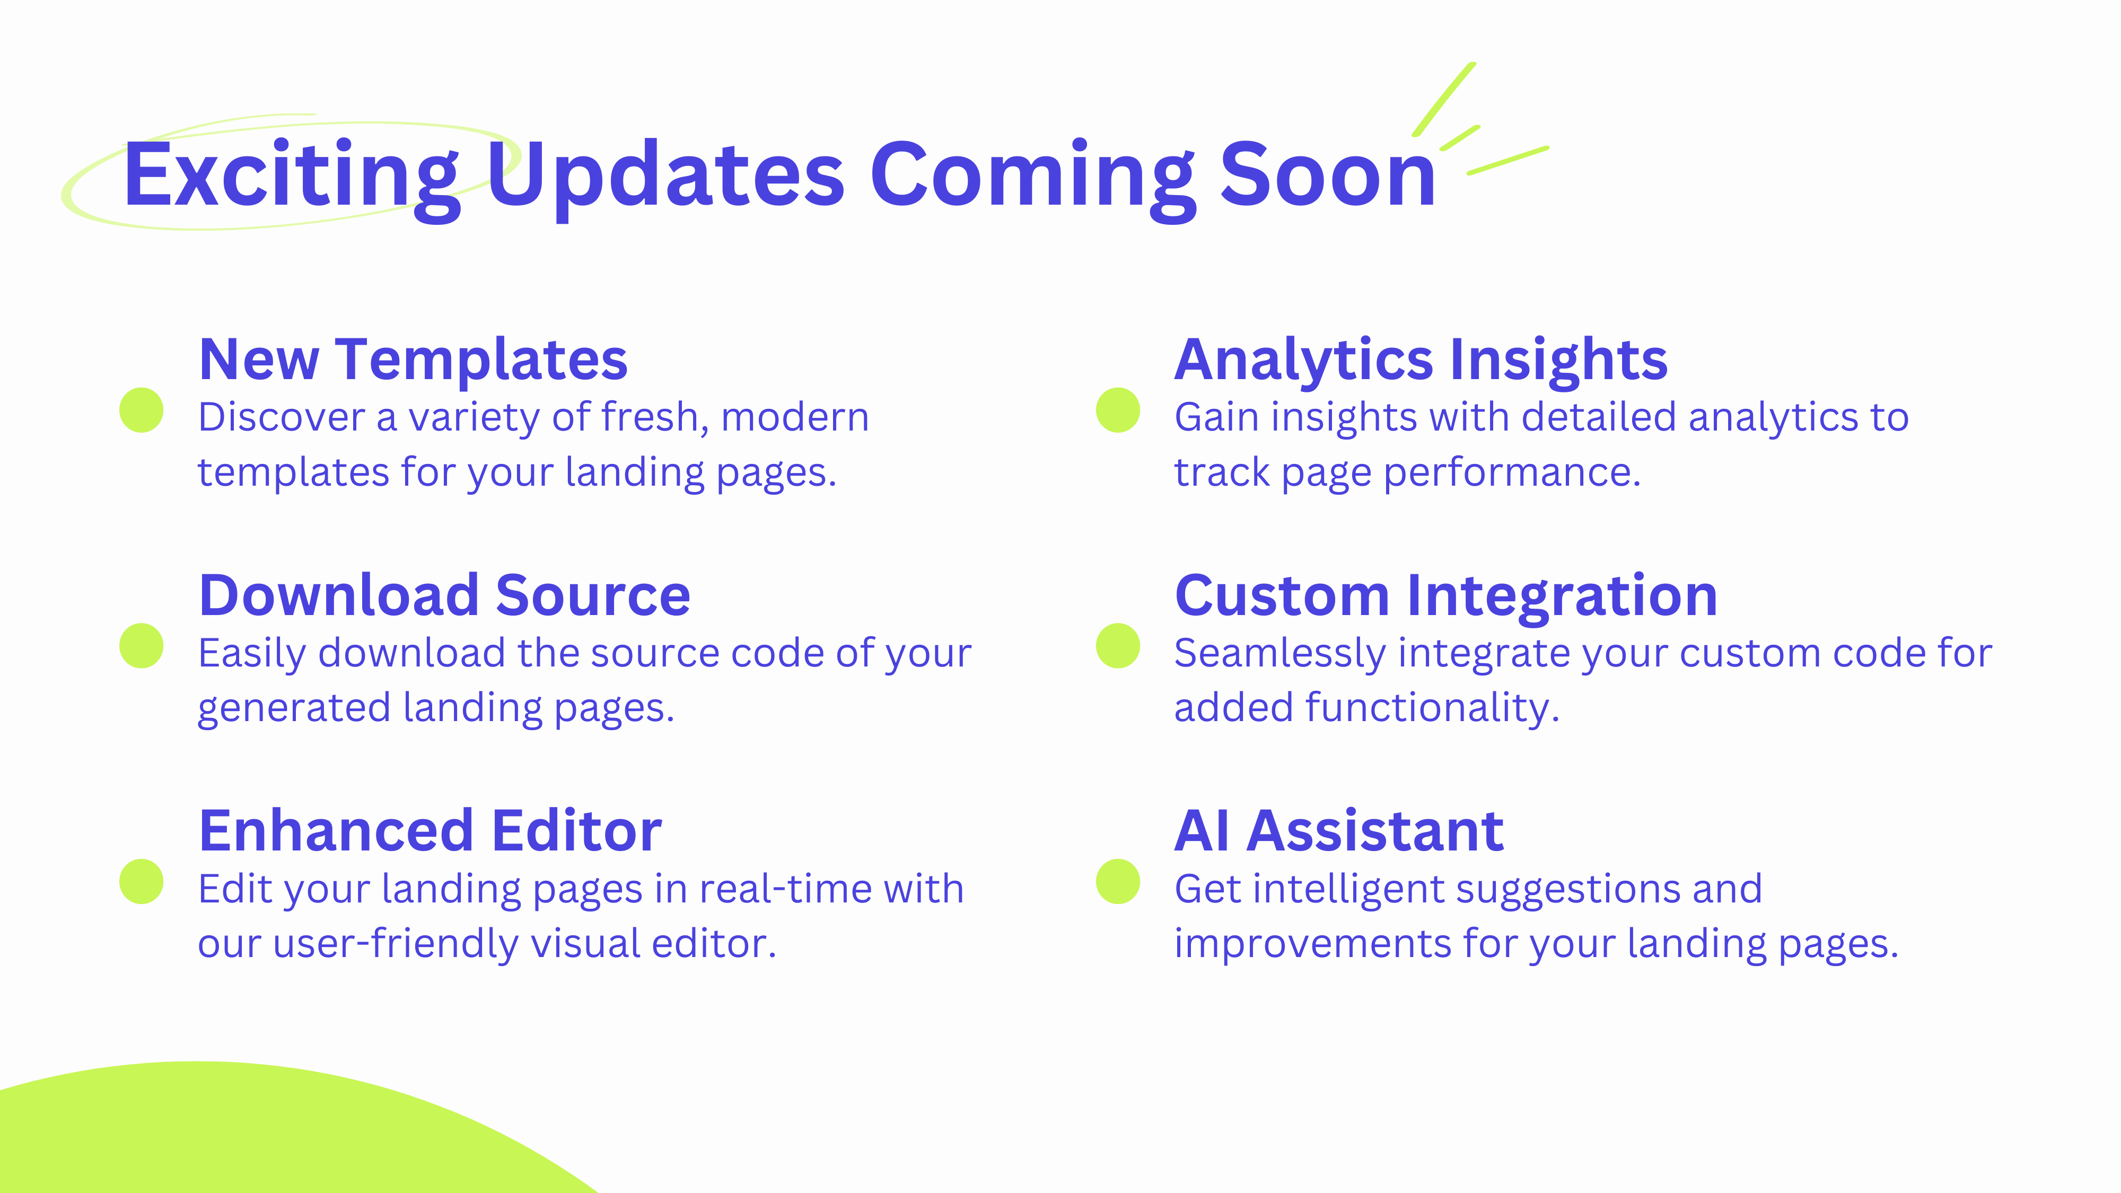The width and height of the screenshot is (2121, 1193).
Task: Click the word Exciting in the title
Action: click(290, 176)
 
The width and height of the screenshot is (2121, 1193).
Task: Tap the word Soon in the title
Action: click(1327, 176)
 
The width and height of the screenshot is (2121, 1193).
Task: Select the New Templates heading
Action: click(414, 360)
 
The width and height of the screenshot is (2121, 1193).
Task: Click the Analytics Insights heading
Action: click(1421, 360)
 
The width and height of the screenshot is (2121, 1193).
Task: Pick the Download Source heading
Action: click(445, 595)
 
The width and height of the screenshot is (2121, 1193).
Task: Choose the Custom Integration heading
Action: click(1446, 595)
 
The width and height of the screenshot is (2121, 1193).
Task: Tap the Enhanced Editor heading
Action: click(430, 831)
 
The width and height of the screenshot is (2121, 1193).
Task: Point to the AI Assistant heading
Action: click(1339, 831)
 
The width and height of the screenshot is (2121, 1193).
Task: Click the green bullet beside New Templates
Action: click(142, 410)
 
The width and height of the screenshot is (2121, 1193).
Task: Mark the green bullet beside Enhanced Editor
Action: click(142, 882)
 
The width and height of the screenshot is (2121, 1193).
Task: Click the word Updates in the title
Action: click(665, 176)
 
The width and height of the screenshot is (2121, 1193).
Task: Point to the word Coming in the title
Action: click(1032, 176)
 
